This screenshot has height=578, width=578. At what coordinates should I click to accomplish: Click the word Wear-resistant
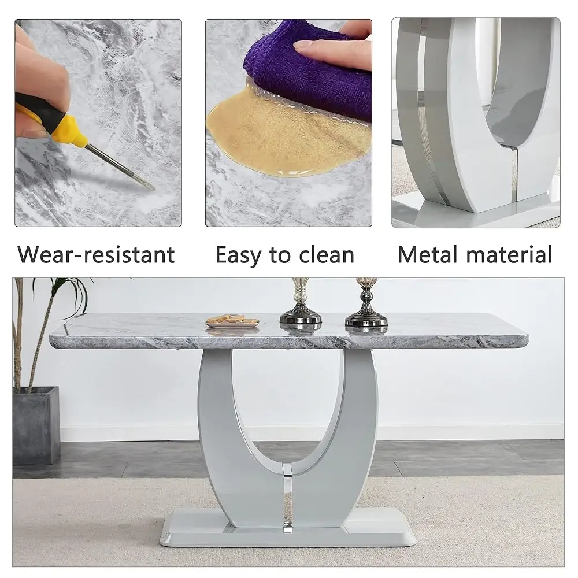point(96,254)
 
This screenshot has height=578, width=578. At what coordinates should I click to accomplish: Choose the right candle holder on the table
point(366,306)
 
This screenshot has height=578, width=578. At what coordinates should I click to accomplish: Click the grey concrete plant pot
point(36,425)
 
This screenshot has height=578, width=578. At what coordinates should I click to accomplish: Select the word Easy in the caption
point(237,254)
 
